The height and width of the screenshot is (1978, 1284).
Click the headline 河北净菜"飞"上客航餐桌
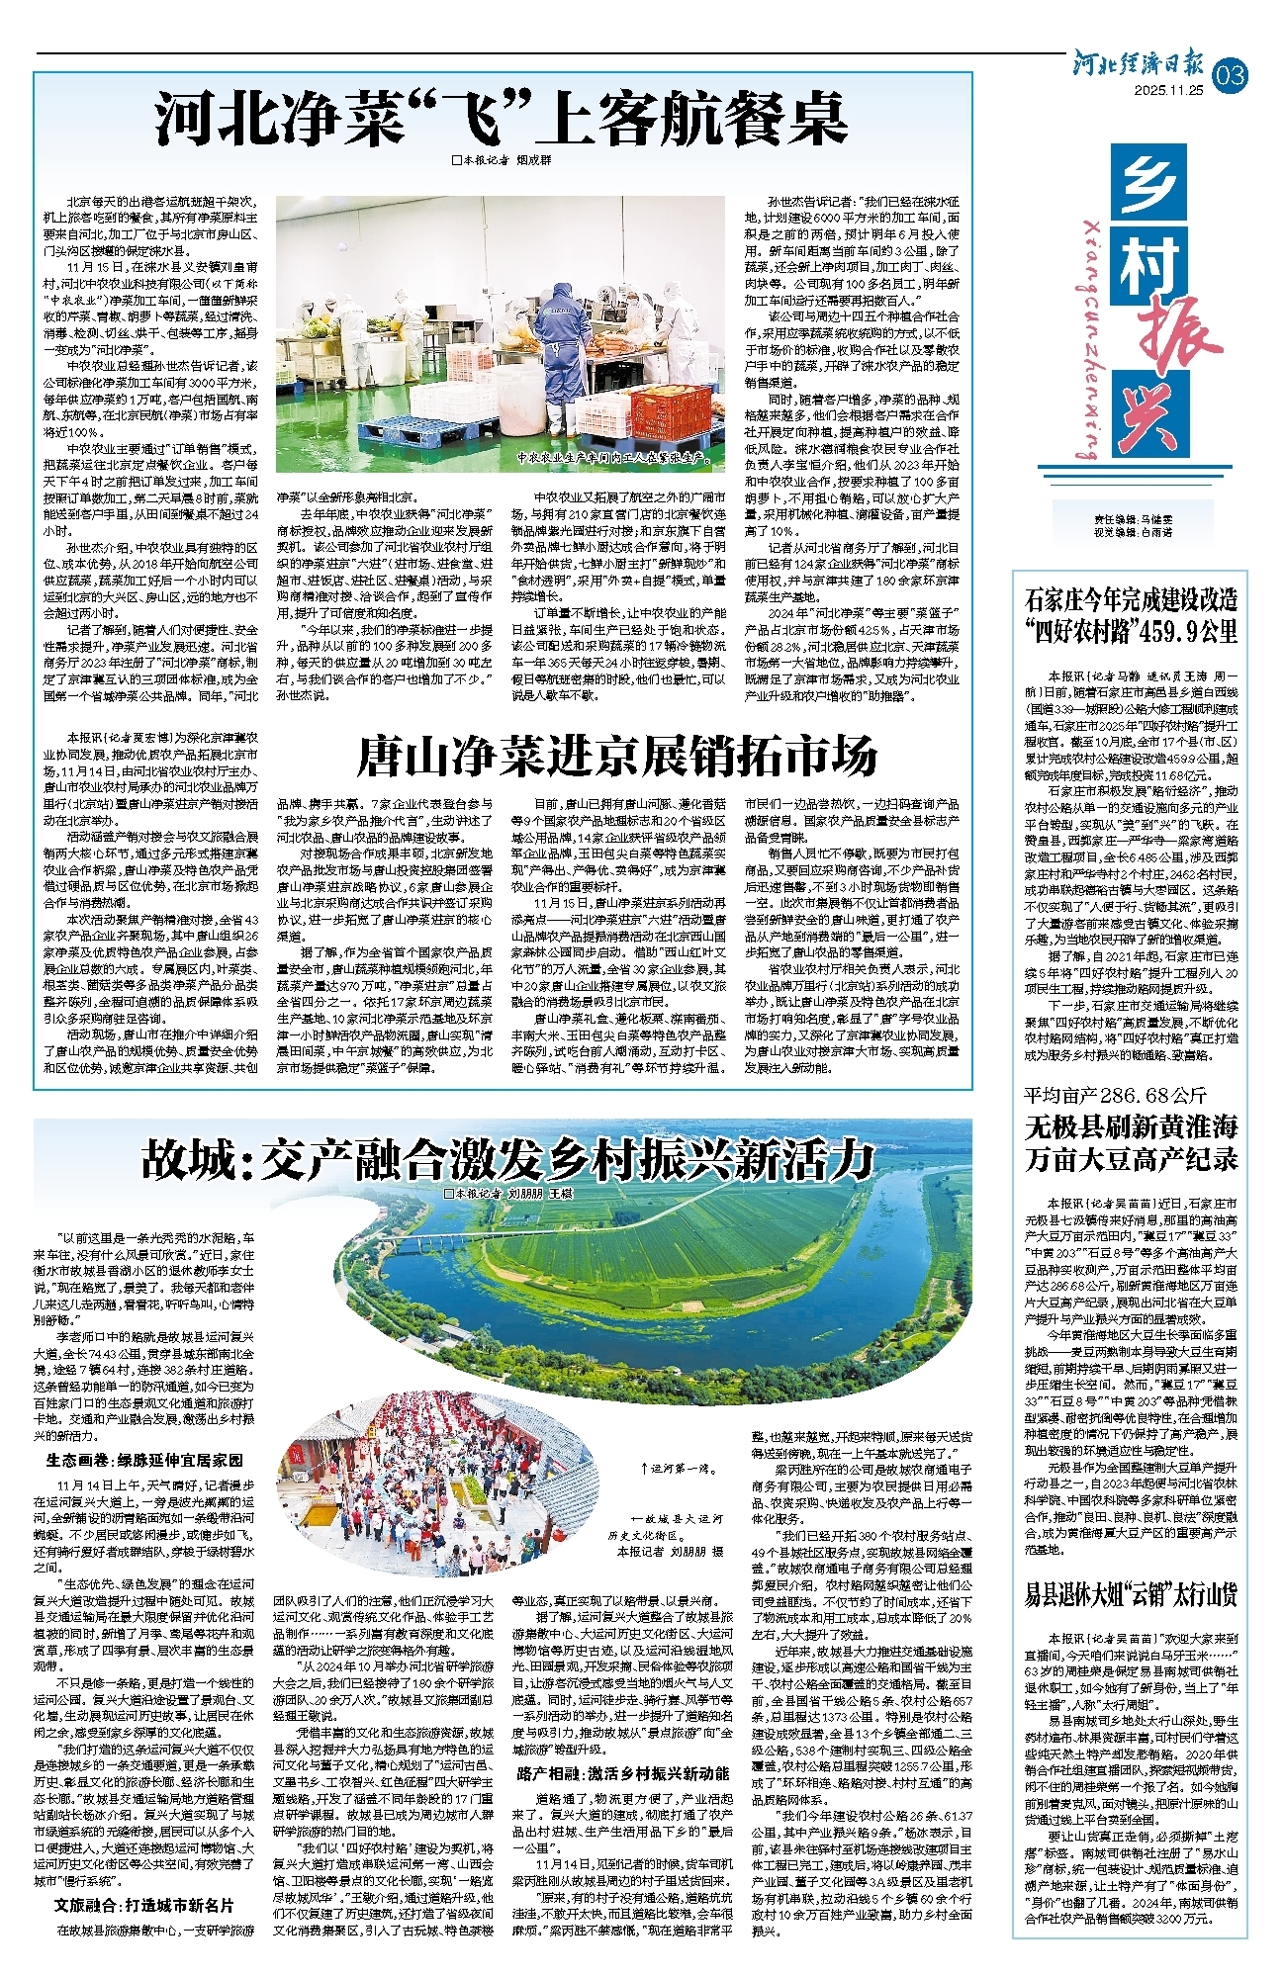pos(502,119)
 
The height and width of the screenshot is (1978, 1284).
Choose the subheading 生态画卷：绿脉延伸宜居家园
pos(144,1460)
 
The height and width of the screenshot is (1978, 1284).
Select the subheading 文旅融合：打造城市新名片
pos(144,1904)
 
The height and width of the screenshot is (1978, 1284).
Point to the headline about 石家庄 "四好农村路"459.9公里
pos(1131,615)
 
